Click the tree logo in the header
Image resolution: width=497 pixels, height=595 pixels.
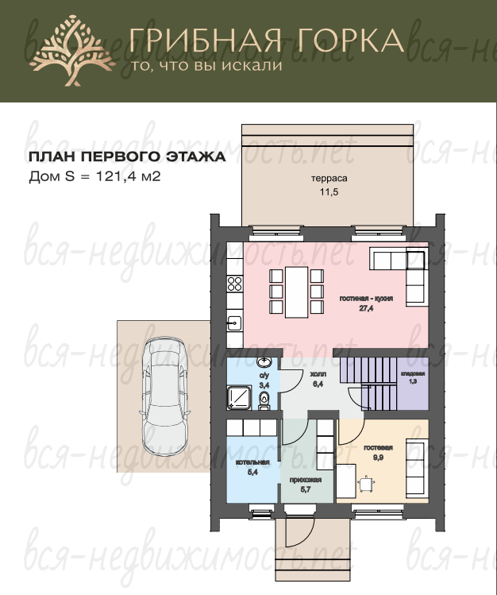pyautogui.click(x=72, y=51)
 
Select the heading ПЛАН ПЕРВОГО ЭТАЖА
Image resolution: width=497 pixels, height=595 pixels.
pyautogui.click(x=127, y=157)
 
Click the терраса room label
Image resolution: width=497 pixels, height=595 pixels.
pyautogui.click(x=329, y=179)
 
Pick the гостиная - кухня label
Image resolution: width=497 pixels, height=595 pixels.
pyautogui.click(x=366, y=299)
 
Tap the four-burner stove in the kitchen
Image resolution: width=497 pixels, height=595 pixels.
pyautogui.click(x=235, y=284)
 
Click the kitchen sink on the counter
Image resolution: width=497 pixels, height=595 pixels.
pyautogui.click(x=235, y=323)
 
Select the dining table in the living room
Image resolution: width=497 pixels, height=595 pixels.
pyautogui.click(x=296, y=292)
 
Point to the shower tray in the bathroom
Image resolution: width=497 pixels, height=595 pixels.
pyautogui.click(x=239, y=398)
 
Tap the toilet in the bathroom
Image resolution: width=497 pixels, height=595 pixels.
pyautogui.click(x=264, y=401)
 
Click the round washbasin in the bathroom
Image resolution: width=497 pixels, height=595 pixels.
pyautogui.click(x=264, y=361)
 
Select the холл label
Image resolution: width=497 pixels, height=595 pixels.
pyautogui.click(x=318, y=374)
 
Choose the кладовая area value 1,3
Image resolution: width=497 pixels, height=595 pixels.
pyautogui.click(x=413, y=381)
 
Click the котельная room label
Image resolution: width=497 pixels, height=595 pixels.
pyautogui.click(x=252, y=462)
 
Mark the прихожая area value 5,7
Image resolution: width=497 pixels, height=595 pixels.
pyautogui.click(x=306, y=489)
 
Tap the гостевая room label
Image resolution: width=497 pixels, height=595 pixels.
pyautogui.click(x=378, y=448)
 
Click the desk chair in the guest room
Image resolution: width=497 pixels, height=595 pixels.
pyautogui.click(x=366, y=485)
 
